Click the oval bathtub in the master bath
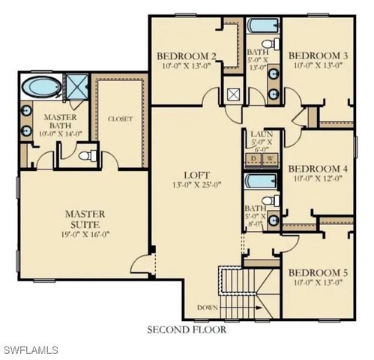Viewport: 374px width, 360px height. [41, 87]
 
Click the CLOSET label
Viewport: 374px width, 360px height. [120, 118]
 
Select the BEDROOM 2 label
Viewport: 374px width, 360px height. [187, 56]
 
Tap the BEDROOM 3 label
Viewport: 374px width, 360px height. [318, 56]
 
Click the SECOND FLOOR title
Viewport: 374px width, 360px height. [187, 329]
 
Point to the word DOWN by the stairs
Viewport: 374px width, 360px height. [208, 307]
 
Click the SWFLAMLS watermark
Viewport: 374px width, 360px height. [30, 350]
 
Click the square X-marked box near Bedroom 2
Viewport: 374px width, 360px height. [233, 94]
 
